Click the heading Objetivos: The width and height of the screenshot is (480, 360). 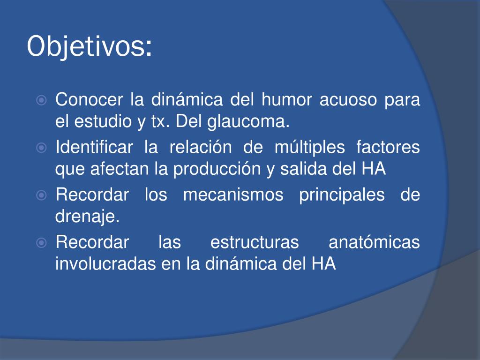coord(89,47)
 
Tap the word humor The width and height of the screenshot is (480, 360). coord(286,100)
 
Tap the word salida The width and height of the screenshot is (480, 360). coord(300,169)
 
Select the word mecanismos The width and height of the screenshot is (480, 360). coord(233,195)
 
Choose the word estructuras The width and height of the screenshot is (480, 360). coord(255,242)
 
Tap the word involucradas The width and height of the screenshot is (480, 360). coord(106,264)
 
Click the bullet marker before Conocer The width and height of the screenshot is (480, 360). coord(42,100)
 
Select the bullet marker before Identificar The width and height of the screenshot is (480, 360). coord(42,148)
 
